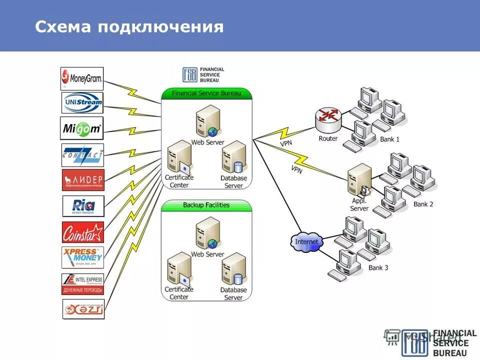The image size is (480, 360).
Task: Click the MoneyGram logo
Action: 82,78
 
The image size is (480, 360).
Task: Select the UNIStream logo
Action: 82,102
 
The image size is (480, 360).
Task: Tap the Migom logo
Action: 82,128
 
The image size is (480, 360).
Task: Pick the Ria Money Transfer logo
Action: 83,206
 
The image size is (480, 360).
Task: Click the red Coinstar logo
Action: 83,232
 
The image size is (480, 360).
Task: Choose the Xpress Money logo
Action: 83,258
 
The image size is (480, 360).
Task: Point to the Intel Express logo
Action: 83,284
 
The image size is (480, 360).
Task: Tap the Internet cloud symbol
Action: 306,242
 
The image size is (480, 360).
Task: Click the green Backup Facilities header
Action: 206,205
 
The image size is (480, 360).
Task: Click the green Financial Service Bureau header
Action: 206,93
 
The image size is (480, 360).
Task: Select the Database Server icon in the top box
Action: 234,157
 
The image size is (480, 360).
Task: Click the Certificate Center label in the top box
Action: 178,181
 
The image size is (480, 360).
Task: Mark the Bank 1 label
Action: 389,139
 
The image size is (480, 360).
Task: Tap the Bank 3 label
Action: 378,268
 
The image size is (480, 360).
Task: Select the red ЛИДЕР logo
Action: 83,180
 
